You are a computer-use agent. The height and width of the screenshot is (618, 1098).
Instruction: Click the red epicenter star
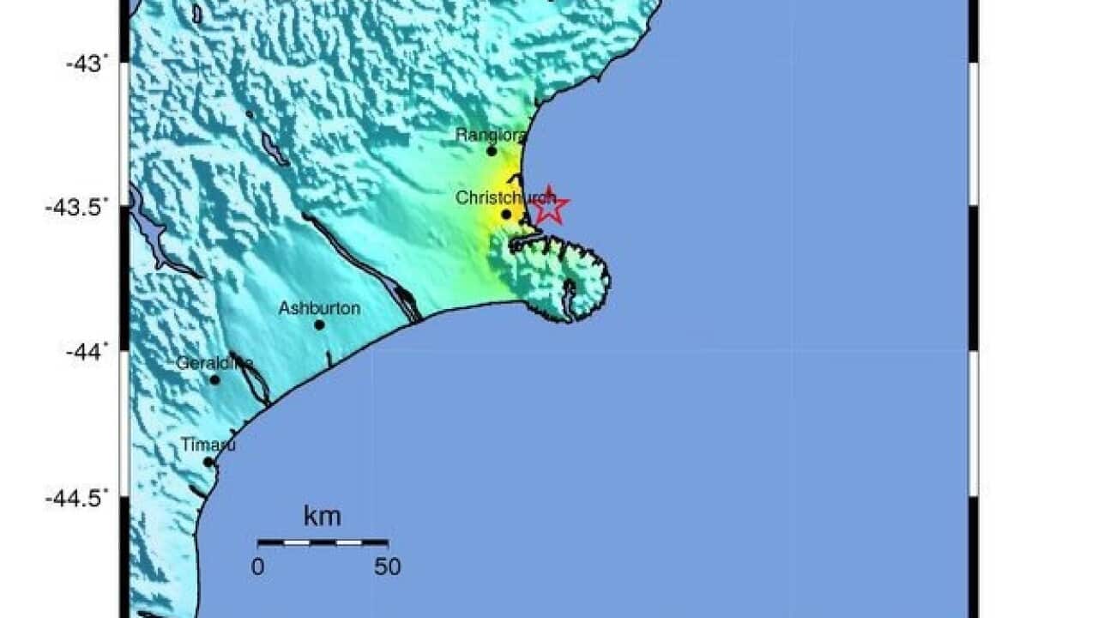(x=548, y=206)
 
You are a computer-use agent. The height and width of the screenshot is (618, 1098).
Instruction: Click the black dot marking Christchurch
(x=506, y=215)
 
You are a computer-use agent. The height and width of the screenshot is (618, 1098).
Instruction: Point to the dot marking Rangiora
(x=492, y=151)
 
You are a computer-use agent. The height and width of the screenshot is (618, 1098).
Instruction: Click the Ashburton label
(x=319, y=308)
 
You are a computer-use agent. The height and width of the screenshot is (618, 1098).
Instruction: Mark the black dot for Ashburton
(x=319, y=324)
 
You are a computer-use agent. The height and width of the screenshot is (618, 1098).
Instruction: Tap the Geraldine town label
(x=214, y=363)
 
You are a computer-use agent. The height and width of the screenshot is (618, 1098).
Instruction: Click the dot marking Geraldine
(x=214, y=379)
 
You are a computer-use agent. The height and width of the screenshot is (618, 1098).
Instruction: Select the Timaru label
(x=208, y=445)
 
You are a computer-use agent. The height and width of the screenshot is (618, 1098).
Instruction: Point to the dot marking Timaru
(x=208, y=462)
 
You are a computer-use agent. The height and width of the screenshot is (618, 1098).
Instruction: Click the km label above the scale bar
(x=322, y=517)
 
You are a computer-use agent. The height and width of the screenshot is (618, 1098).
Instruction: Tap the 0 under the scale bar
(x=257, y=566)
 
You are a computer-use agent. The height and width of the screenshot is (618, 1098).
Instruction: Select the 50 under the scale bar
(x=388, y=566)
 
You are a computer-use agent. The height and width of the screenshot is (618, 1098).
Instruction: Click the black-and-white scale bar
(x=323, y=542)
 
